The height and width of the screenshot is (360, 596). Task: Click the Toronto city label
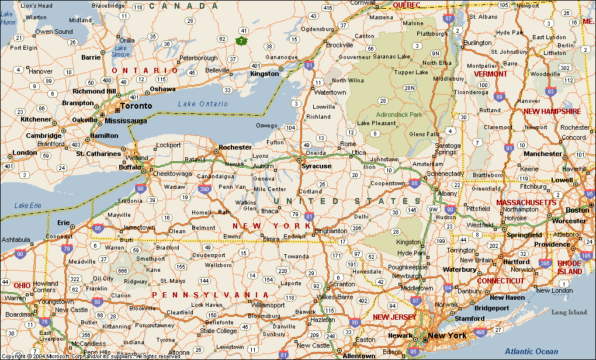[x=136, y=106]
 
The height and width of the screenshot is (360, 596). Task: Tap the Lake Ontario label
[x=203, y=103]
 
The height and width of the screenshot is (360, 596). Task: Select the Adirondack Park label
[x=399, y=115]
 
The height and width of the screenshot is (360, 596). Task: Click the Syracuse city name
[x=316, y=166]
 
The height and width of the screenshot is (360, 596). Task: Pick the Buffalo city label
[x=130, y=167]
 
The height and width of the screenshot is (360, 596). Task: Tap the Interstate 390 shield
[x=205, y=189]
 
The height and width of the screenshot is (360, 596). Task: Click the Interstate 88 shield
[x=414, y=183]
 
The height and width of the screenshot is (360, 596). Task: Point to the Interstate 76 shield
[x=44, y=321]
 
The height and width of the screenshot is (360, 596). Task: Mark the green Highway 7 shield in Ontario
[x=240, y=41]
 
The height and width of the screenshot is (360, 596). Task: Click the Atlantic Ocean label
[x=532, y=351]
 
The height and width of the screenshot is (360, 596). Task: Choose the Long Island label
[x=569, y=312]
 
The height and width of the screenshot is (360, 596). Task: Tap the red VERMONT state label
[x=490, y=74]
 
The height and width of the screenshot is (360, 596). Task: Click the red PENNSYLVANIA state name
[x=210, y=295]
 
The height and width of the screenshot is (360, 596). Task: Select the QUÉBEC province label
[x=406, y=5]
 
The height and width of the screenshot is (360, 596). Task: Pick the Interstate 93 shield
[x=550, y=91]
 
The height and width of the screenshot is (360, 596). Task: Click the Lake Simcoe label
[x=121, y=51]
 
